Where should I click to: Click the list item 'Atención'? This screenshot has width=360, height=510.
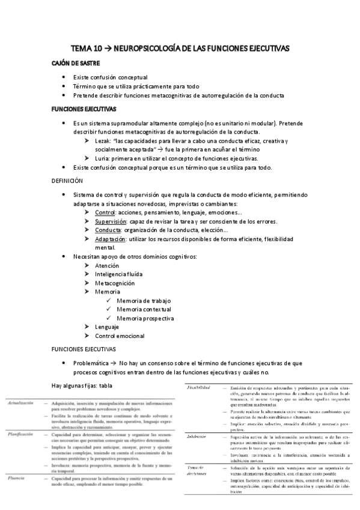107,265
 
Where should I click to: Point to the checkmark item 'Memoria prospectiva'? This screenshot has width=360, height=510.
145,318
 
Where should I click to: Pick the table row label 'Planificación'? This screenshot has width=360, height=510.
20,433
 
